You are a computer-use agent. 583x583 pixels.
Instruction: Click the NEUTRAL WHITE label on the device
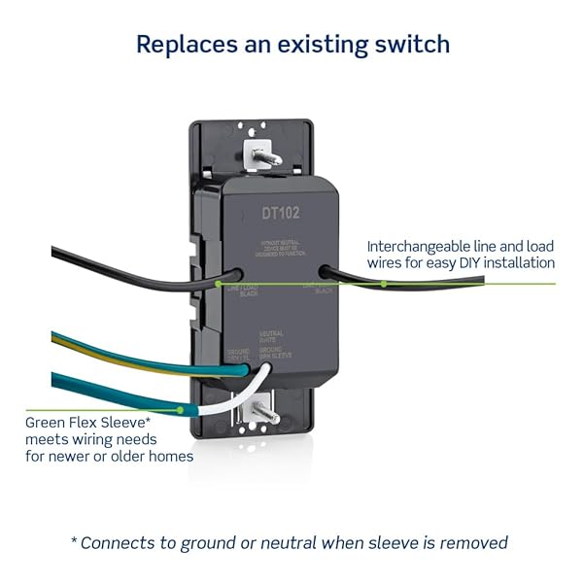(x=271, y=336)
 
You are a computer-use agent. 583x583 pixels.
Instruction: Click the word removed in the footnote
(x=476, y=542)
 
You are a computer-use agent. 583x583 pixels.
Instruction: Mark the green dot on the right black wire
(x=384, y=284)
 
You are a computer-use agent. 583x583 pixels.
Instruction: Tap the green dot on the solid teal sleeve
(x=181, y=409)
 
